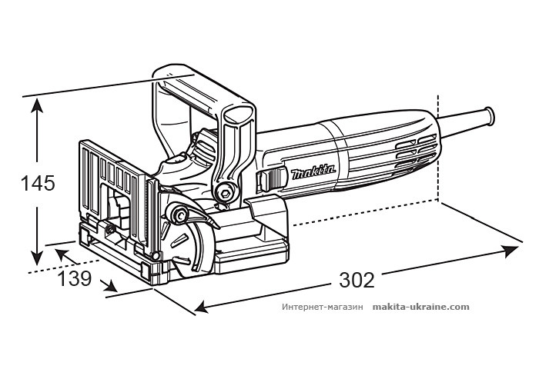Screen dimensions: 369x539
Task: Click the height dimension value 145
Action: point(38,184)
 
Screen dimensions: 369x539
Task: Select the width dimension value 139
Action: point(75,278)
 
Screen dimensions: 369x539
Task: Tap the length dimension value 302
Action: point(357,281)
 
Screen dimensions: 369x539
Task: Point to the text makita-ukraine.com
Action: point(420,306)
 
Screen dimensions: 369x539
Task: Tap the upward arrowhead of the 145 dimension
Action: point(36,105)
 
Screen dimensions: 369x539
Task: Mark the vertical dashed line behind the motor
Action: point(438,146)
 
